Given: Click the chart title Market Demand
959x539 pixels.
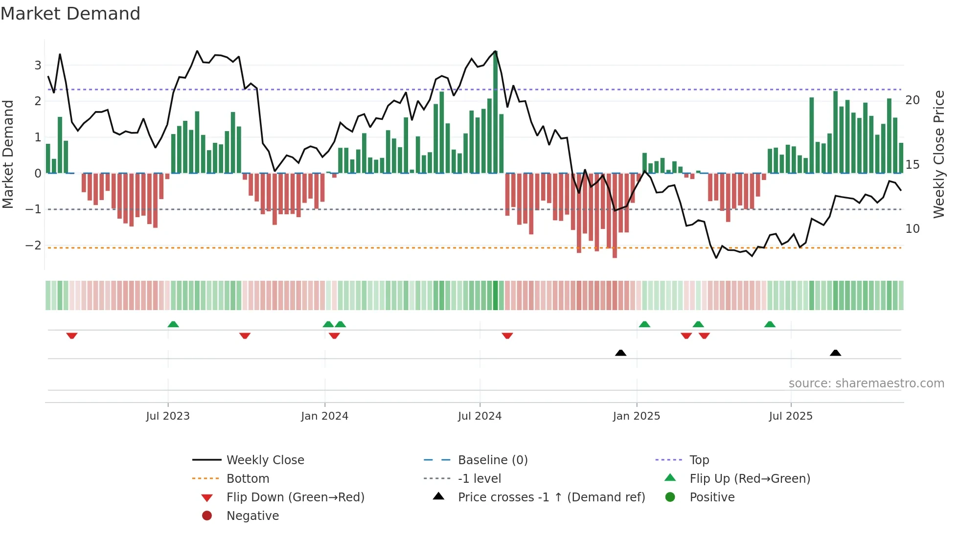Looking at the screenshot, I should click(x=70, y=14).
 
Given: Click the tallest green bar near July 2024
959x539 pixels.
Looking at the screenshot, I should click(x=495, y=112).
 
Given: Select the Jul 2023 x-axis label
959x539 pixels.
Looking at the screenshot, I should click(x=167, y=416).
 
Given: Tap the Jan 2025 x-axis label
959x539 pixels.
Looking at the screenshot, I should click(x=636, y=416).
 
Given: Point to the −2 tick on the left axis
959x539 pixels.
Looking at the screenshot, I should click(x=33, y=246).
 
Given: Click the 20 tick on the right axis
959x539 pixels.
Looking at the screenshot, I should click(x=913, y=100).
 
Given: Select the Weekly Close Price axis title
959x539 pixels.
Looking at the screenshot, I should click(x=938, y=154).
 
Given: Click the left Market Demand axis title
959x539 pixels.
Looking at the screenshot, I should click(x=8, y=154).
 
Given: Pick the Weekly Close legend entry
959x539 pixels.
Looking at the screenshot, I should click(x=265, y=460).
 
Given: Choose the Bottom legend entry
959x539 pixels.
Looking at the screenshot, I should click(x=248, y=479).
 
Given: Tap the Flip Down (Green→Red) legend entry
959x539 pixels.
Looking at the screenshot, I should click(x=295, y=497).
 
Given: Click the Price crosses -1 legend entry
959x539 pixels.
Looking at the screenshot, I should click(x=551, y=497).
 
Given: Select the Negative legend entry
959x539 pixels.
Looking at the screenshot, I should click(x=252, y=516).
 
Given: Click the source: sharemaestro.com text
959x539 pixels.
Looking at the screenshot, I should click(x=866, y=383).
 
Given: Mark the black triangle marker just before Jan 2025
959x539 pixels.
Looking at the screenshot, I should click(x=620, y=353).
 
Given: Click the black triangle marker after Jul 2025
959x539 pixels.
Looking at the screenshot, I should click(x=835, y=353).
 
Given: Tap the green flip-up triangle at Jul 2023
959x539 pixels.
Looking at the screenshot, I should click(x=173, y=324).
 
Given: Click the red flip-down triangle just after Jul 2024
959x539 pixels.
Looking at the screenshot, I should click(x=507, y=336).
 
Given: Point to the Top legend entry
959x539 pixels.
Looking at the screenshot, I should click(x=699, y=460).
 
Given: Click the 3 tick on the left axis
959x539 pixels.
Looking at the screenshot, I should click(x=38, y=66).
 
